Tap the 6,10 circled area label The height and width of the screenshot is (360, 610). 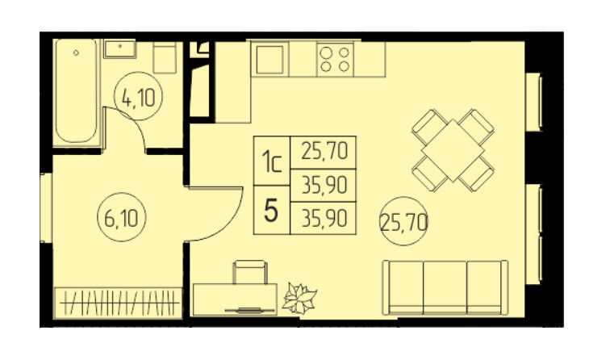121,217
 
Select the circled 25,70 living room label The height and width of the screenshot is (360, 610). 403,221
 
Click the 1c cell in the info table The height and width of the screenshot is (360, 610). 272,161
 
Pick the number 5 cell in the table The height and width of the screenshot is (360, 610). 272,210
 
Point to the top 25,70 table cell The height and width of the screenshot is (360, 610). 324,153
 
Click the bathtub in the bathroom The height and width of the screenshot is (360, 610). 76,90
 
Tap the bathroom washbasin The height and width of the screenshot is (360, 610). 119,48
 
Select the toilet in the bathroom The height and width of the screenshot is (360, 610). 165,57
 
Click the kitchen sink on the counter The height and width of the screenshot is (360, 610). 269,60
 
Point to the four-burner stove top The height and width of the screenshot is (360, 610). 335,59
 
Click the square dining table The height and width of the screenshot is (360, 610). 453,150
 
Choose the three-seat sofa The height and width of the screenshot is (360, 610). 445,287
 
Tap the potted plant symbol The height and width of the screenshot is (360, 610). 299,298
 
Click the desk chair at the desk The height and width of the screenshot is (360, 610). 250,272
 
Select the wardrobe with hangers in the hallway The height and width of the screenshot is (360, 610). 119,303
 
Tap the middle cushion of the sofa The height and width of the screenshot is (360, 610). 445,287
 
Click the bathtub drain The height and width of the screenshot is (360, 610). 76,52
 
